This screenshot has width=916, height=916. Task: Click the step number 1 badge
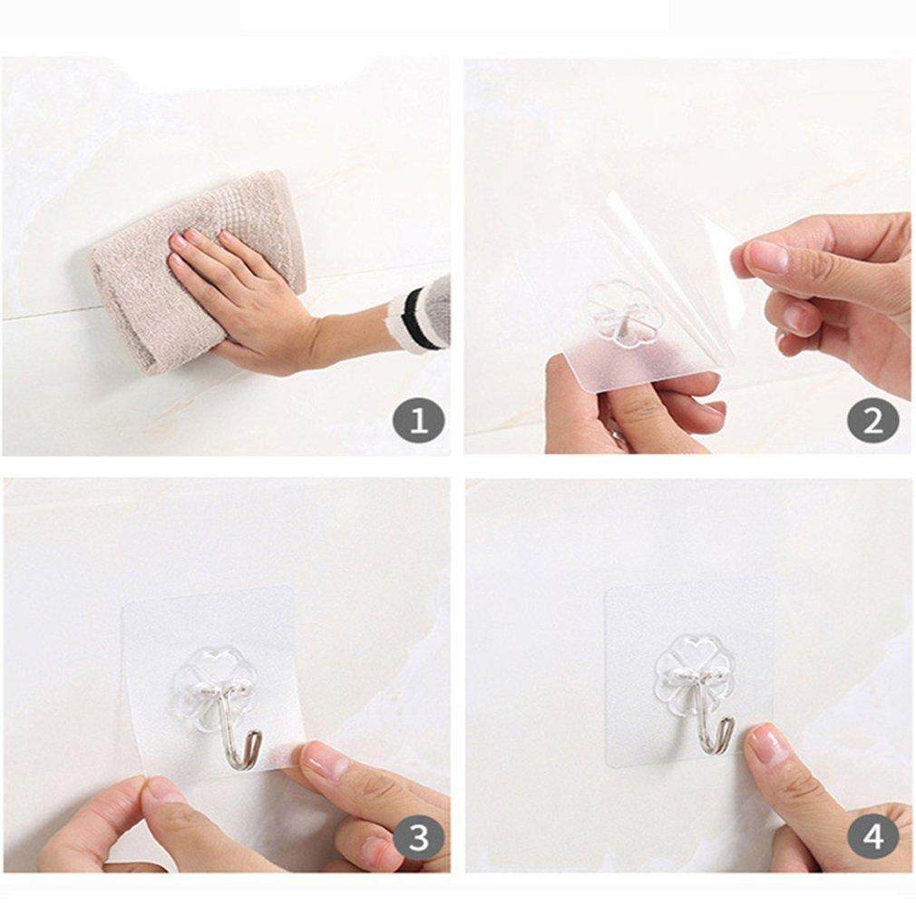(418, 420)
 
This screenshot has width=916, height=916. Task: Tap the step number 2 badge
(872, 420)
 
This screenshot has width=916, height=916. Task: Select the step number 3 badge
(418, 837)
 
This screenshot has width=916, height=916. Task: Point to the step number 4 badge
(872, 837)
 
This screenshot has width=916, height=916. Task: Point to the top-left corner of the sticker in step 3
(124, 606)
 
